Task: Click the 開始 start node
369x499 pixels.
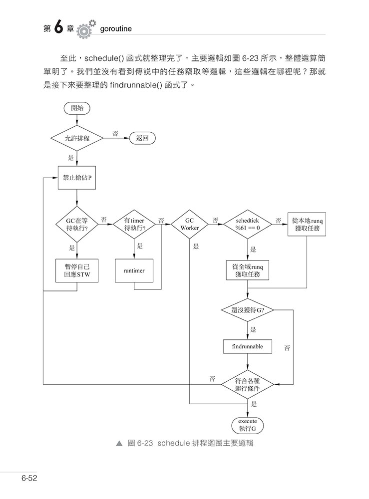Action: coord(77,108)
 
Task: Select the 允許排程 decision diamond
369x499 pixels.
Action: coord(77,138)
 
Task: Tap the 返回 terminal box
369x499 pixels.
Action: coord(142,138)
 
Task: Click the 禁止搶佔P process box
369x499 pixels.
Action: coord(77,177)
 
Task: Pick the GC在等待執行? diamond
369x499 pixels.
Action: coord(77,224)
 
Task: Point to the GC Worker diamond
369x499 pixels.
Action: coord(189,224)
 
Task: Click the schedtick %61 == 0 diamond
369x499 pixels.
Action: coord(248,224)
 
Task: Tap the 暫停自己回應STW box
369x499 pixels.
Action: coord(77,270)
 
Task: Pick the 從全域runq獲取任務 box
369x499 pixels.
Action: coord(248,270)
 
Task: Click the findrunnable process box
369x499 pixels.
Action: coord(248,346)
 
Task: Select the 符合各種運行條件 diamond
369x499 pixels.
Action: coord(248,384)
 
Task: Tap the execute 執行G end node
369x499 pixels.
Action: coord(248,425)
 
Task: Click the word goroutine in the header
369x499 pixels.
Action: coord(116,30)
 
